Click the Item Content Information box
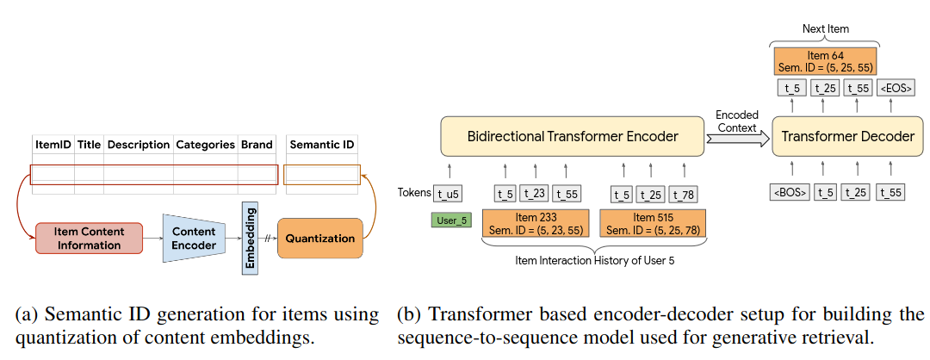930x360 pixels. [x=89, y=239]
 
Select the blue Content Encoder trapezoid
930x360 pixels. [x=194, y=239]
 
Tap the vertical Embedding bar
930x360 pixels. [x=251, y=239]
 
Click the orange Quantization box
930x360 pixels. [x=320, y=239]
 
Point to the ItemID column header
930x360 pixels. [x=53, y=145]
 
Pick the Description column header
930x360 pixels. [x=138, y=145]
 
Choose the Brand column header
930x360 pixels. [x=257, y=145]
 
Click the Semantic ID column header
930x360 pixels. [x=323, y=145]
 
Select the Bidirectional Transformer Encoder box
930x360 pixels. [x=573, y=137]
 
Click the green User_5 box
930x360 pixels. [x=451, y=220]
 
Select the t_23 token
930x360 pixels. [x=535, y=193]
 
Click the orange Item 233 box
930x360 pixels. [x=535, y=223]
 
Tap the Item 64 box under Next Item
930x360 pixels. [x=826, y=60]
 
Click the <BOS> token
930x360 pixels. [x=789, y=193]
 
